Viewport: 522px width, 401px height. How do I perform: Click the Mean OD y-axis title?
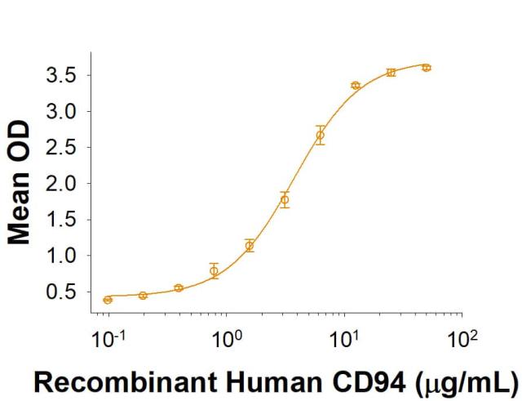click(x=20, y=184)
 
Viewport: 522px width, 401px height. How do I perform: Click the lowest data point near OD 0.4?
click(x=108, y=300)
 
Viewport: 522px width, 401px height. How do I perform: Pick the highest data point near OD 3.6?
click(x=426, y=68)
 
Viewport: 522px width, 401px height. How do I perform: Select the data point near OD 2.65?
click(x=320, y=135)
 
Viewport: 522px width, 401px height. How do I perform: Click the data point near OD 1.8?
click(x=285, y=199)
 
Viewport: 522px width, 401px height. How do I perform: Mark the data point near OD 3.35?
click(x=356, y=86)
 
